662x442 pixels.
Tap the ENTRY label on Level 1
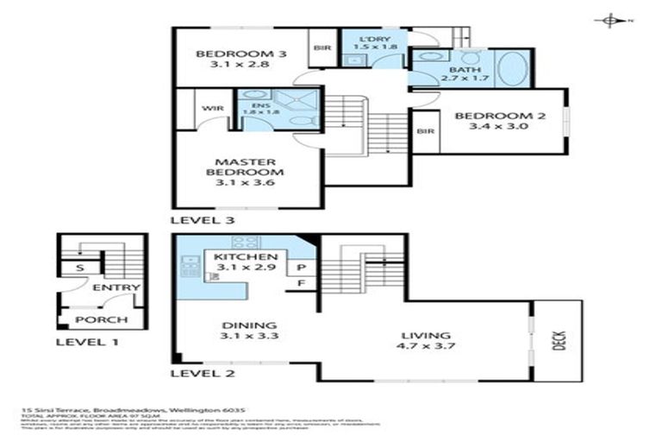(110, 287)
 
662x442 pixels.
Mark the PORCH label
(102, 320)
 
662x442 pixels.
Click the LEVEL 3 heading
(203, 220)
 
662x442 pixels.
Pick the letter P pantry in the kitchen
(303, 267)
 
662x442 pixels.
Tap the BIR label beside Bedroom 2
(424, 131)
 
